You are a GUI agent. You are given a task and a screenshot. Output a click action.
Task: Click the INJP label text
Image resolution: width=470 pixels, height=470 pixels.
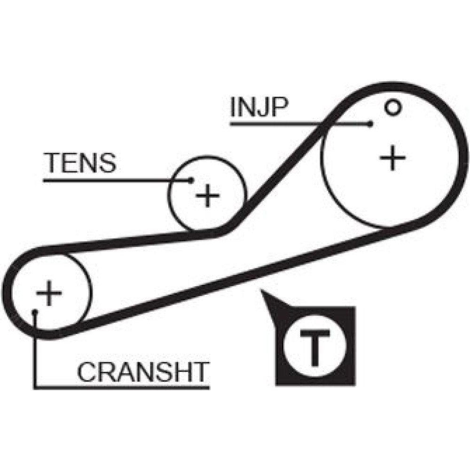[x=258, y=108]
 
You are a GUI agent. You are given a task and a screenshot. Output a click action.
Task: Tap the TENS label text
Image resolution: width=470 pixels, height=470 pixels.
[x=79, y=163]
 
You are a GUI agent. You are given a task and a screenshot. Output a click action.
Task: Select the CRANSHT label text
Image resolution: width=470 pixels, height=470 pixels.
[x=142, y=372]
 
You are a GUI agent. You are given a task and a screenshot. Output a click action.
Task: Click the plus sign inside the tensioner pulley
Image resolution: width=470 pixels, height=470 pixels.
[x=207, y=195]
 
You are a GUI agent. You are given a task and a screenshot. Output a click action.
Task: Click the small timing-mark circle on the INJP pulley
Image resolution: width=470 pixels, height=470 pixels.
[x=392, y=108]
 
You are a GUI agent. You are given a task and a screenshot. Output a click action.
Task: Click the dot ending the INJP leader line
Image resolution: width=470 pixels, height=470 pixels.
[x=371, y=124]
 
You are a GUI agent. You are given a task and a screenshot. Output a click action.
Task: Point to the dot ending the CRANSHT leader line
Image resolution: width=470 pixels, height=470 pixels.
[x=35, y=311]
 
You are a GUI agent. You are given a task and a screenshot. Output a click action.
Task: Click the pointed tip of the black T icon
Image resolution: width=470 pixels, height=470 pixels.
[x=263, y=292]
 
